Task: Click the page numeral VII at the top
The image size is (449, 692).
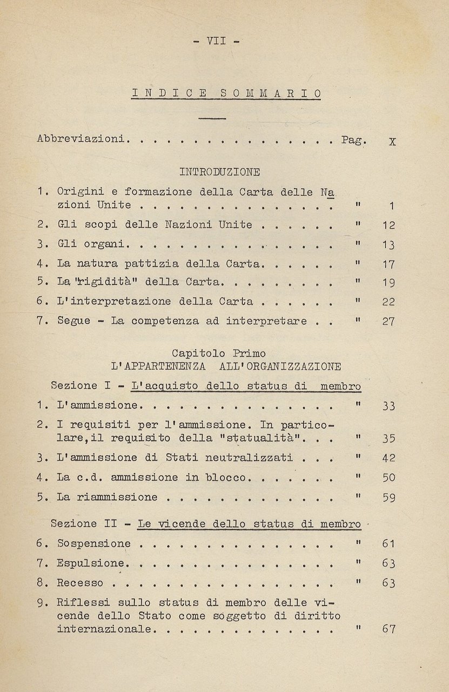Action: coord(216,41)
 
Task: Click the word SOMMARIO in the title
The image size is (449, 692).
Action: coord(271,94)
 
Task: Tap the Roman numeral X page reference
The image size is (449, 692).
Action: coord(392,142)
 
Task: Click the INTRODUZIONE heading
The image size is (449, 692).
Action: coord(219,172)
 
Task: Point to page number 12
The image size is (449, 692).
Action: coord(388,225)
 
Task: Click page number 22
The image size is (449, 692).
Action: coord(388,302)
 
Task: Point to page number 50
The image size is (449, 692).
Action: coord(388,477)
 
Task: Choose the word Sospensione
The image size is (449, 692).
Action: coord(94,543)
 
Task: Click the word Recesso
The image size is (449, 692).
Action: coord(80,583)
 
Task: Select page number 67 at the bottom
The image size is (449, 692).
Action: coord(388,629)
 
